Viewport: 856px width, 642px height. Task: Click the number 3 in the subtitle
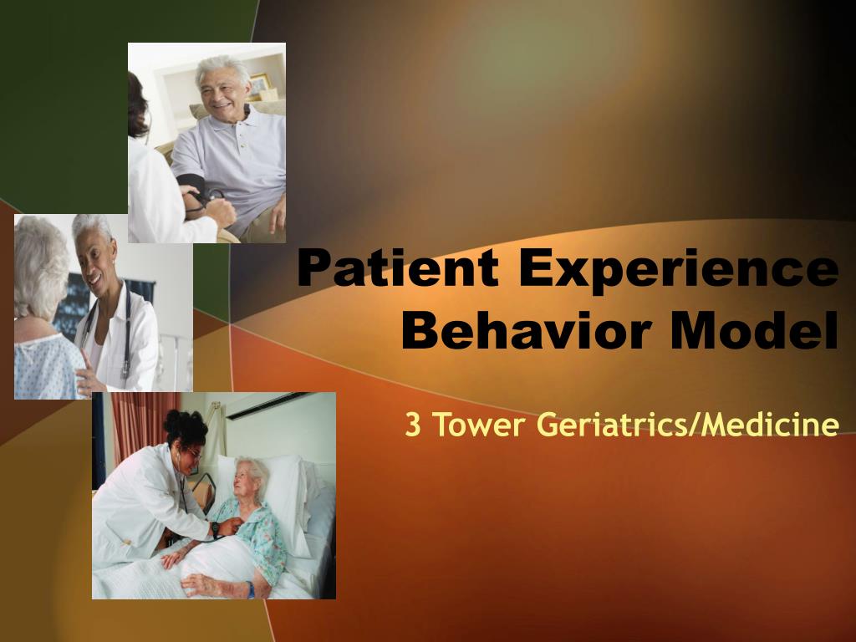412,425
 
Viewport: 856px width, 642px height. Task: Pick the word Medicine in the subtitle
770,425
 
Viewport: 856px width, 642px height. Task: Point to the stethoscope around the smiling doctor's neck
125,334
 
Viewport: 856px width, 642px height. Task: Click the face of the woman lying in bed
247,481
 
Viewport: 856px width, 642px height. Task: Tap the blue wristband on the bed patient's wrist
250,588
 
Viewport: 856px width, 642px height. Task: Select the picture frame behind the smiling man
260,84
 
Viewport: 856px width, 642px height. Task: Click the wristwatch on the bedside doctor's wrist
216,528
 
